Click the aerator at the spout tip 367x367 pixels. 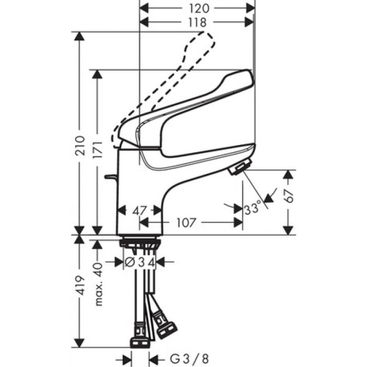[240, 167]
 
